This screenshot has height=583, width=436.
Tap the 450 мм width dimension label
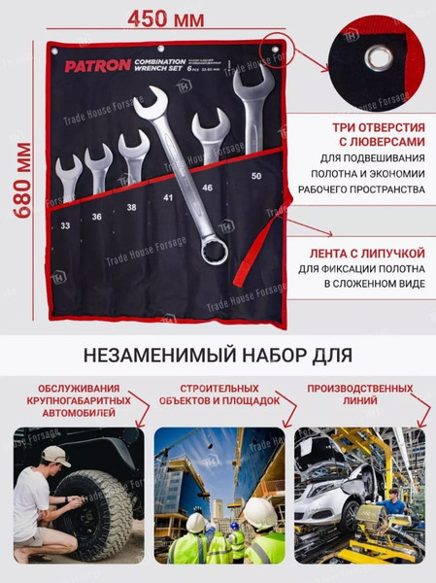[164, 17]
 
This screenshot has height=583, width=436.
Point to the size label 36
[97, 217]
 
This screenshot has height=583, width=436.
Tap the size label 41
[168, 198]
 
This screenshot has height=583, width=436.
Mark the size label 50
[256, 178]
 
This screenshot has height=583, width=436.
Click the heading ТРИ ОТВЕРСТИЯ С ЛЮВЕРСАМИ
[368, 135]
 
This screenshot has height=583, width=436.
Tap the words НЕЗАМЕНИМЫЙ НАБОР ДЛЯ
[218, 352]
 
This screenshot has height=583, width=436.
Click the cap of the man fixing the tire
[55, 455]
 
